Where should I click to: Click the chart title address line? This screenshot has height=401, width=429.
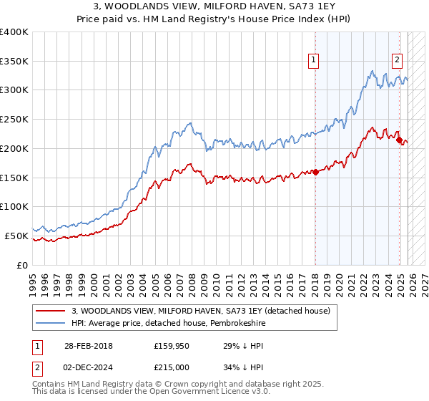pos(214,6)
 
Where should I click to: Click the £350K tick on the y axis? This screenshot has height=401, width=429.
pos(14,62)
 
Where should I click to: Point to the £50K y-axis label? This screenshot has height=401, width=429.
pos(16,236)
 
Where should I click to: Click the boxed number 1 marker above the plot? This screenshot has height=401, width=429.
pos(314,61)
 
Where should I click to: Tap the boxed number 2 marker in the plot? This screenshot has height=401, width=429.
pos(397,61)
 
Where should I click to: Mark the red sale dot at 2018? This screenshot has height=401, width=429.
pos(315,172)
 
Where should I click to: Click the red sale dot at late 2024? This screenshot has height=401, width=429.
pos(399,140)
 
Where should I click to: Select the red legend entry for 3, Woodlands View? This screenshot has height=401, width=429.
pos(200,311)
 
